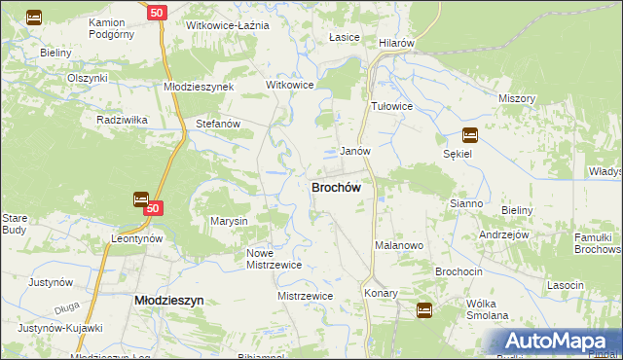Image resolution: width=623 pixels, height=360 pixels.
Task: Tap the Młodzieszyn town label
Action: (x=167, y=302)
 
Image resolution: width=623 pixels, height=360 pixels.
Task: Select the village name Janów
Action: (x=354, y=152)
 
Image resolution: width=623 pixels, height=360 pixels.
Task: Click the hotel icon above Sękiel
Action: (x=470, y=135)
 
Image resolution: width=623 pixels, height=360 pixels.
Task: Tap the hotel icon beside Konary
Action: (x=424, y=309)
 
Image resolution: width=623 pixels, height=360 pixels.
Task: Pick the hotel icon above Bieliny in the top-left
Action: (x=33, y=17)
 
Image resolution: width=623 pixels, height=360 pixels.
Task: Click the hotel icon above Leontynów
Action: (x=140, y=198)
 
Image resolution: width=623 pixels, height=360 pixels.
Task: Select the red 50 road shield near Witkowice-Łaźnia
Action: (x=157, y=12)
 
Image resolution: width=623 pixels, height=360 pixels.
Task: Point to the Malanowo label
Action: (x=399, y=246)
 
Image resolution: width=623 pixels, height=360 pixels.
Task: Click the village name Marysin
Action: (x=230, y=221)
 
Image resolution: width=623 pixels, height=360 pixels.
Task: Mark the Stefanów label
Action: (x=218, y=125)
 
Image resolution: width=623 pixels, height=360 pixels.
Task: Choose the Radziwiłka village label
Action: (x=122, y=120)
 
